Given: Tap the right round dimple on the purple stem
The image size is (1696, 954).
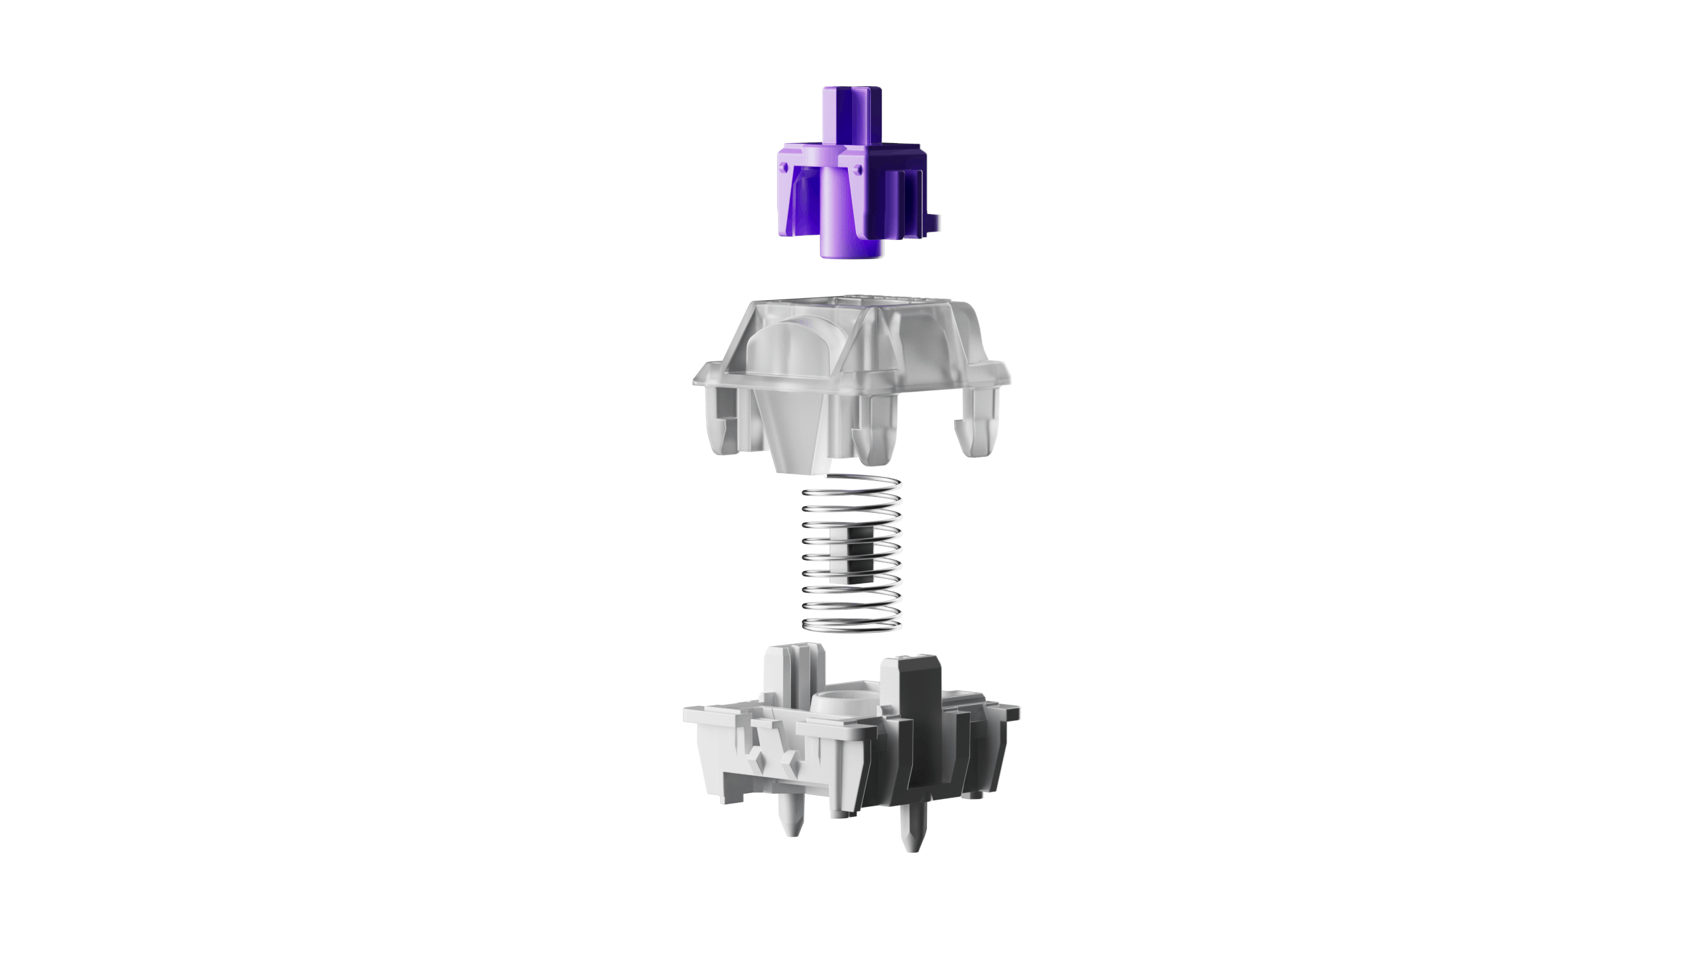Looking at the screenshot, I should [x=860, y=170].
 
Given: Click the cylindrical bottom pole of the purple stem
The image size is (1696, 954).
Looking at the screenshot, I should [x=850, y=238].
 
